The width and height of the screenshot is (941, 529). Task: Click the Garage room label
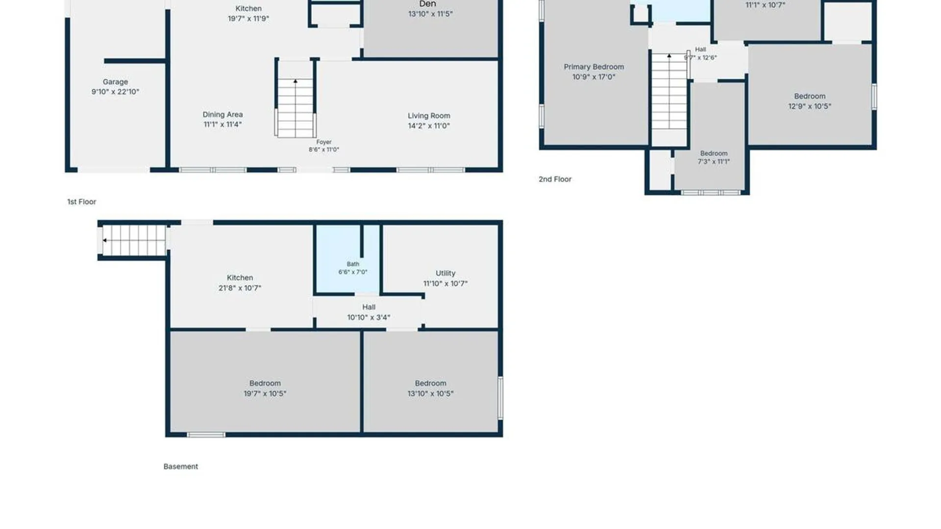coord(115,82)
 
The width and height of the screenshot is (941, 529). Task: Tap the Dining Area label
coord(223,114)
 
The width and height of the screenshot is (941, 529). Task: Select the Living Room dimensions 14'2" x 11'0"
coord(429,126)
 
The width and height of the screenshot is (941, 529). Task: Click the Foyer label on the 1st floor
coord(324,142)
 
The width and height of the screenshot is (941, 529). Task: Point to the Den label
coord(427,4)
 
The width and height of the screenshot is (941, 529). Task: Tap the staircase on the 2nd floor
coord(669,92)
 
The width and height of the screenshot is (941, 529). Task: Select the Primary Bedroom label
coord(594,67)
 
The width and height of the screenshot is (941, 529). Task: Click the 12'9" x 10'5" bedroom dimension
coord(810,106)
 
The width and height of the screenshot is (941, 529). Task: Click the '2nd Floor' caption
coord(555,179)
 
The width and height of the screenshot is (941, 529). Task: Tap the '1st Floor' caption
coord(81,202)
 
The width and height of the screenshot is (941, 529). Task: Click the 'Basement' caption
coord(181,466)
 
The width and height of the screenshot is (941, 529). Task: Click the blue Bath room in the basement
coord(347,259)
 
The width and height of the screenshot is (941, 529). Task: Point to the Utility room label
coord(446,273)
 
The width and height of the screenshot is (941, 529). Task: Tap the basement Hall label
coord(369,307)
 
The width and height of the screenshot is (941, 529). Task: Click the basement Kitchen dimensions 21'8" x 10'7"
coord(240,288)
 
